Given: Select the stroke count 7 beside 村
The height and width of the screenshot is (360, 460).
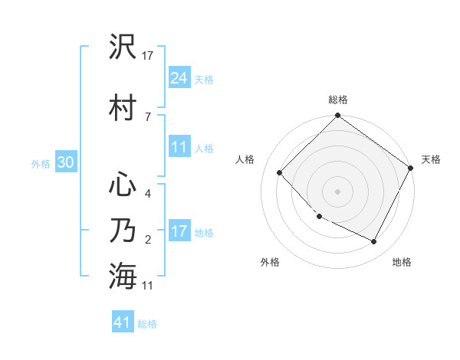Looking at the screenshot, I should pos(147,116).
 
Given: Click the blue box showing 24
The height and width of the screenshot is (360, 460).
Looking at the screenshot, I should pos(179,78).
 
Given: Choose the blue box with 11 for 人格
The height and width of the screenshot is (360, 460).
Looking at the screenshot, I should pos(179,147).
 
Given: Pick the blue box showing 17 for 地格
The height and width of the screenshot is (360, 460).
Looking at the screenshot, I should pos(179,231).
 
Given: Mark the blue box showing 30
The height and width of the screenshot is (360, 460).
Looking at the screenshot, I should pos(65,162).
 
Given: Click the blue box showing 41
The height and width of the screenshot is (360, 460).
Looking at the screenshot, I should pos(123,322).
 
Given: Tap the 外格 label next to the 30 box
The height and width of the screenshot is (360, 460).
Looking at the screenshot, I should pos(41,163).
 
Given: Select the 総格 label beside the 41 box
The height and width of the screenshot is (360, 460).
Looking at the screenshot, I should pos(147,324).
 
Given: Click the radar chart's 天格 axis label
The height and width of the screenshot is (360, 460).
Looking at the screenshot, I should pos(431,159).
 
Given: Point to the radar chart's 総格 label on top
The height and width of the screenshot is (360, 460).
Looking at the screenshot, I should pos(337,100).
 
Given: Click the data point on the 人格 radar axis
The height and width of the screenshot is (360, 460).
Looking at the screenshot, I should pos(280,172).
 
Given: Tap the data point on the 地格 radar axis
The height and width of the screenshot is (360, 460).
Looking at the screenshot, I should pos(374,242).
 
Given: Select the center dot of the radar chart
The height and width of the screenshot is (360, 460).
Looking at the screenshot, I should pos(337,191).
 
